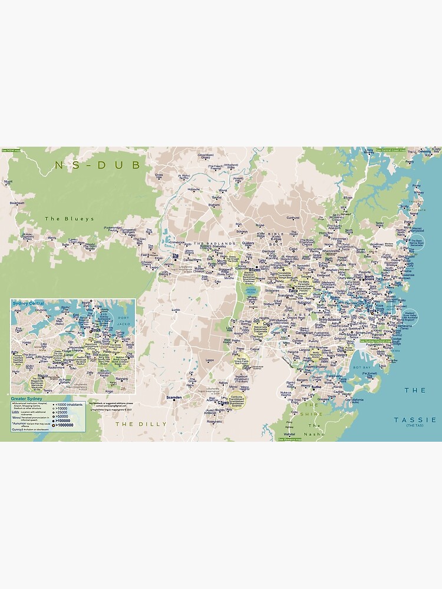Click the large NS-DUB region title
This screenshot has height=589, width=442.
point(97,166)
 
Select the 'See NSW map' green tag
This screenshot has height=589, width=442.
point(10,150)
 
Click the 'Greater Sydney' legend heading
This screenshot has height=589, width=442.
point(26,398)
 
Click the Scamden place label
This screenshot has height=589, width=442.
point(174,398)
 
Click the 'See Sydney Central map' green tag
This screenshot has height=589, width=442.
point(375,341)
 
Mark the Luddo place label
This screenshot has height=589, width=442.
point(176,310)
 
